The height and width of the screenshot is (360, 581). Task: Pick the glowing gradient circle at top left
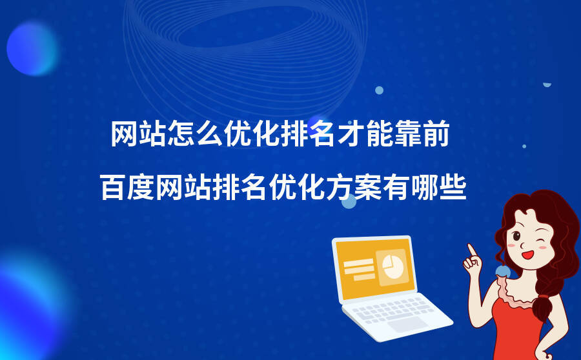[x=32, y=48]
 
